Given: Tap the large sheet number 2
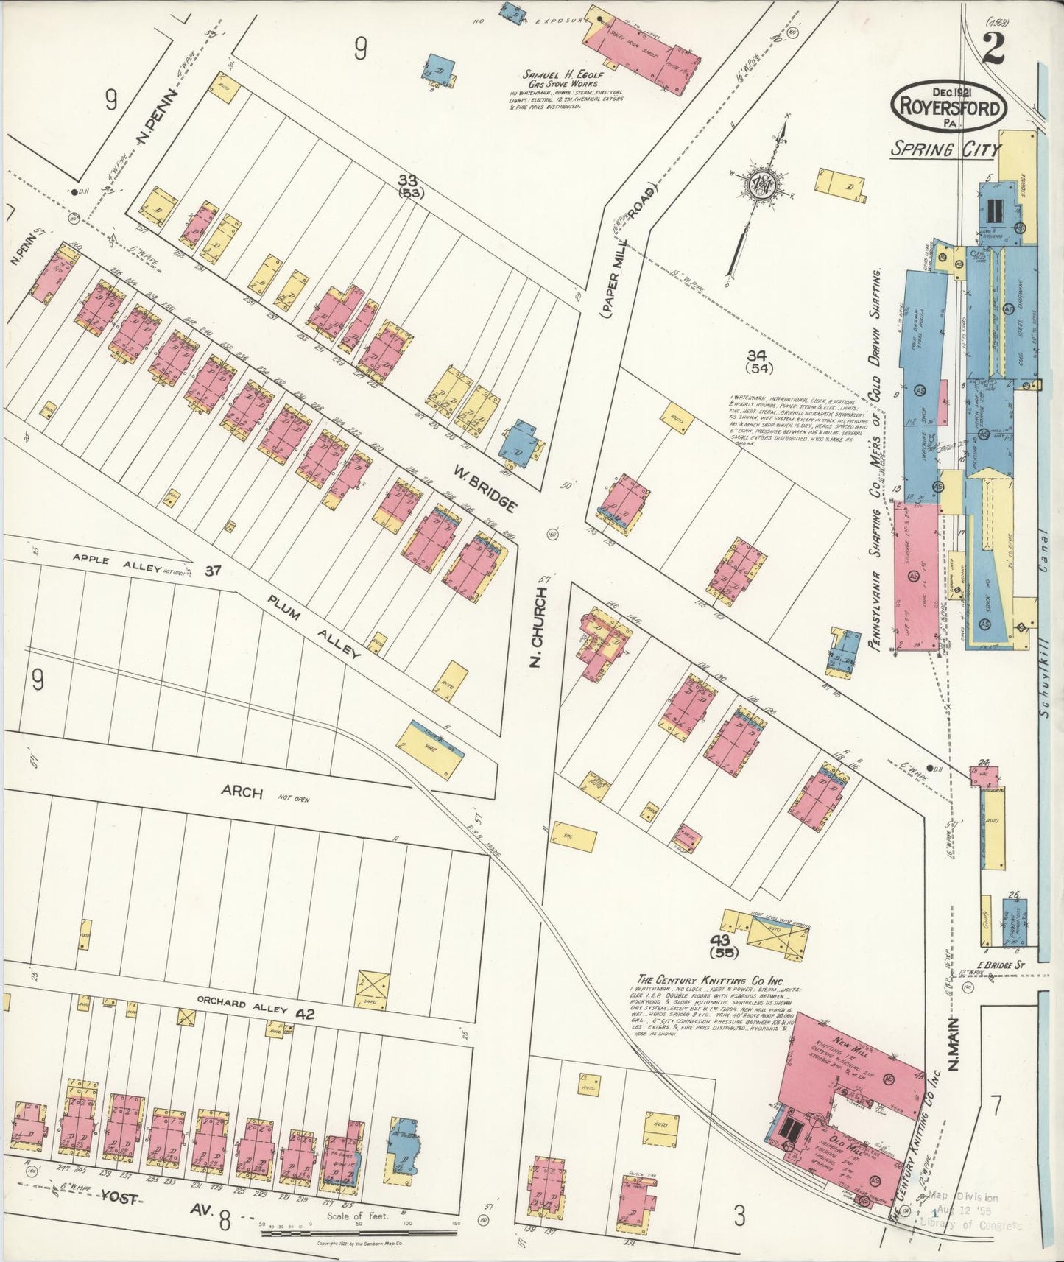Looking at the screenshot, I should pyautogui.click(x=993, y=49).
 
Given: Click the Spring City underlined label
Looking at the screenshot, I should pyautogui.click(x=945, y=149).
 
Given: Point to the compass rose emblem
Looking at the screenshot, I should pyautogui.click(x=758, y=186).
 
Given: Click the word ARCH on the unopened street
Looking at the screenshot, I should pyautogui.click(x=242, y=792).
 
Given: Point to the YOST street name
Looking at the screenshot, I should pyautogui.click(x=119, y=1199).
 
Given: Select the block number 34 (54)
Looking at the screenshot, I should pyautogui.click(x=758, y=362).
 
